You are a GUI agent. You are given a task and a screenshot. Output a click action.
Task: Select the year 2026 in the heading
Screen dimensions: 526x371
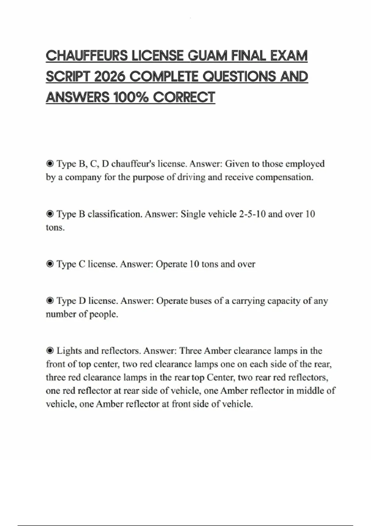tap(109, 77)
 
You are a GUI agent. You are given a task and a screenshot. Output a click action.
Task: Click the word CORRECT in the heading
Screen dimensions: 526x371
tap(184, 97)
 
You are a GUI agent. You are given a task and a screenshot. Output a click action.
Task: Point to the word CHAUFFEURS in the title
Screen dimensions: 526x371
tap(87, 56)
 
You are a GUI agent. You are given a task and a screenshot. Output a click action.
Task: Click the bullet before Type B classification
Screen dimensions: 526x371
tap(49, 214)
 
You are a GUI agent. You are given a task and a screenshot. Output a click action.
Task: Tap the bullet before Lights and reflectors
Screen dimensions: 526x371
tap(49, 351)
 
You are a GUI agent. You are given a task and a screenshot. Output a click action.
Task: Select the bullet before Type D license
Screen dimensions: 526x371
tap(49, 301)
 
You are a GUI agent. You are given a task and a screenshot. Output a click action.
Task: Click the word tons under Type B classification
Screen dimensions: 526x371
tap(55, 228)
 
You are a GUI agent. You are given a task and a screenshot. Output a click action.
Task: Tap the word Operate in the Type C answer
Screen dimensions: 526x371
tap(171, 264)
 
